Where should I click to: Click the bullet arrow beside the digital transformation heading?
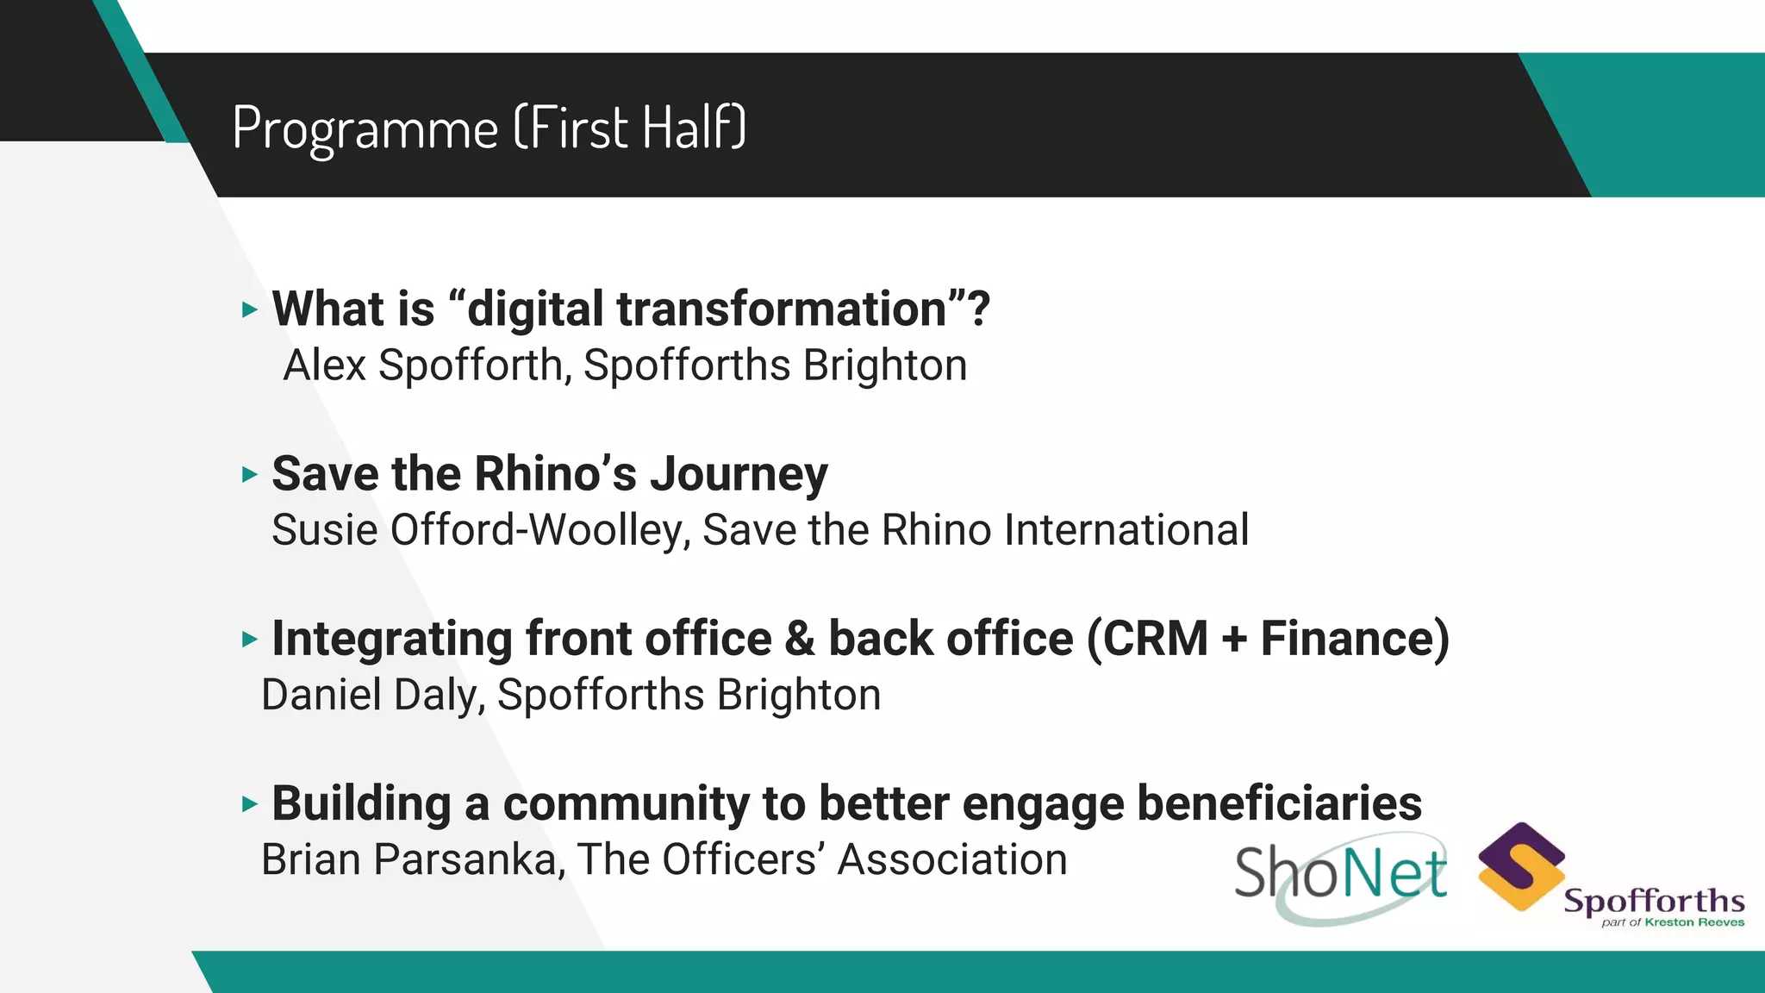click(x=250, y=309)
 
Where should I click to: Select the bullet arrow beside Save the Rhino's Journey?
click(x=250, y=474)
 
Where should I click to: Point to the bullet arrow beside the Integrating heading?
click(x=250, y=639)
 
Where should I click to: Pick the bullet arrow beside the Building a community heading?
click(x=250, y=804)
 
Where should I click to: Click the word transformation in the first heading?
click(x=782, y=309)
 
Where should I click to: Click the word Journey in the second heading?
click(x=739, y=475)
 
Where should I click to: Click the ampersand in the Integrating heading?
click(x=799, y=639)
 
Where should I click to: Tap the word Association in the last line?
click(x=952, y=860)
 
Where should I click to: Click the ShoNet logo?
click(x=1341, y=875)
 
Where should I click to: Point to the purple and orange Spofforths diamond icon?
click(x=1521, y=866)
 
